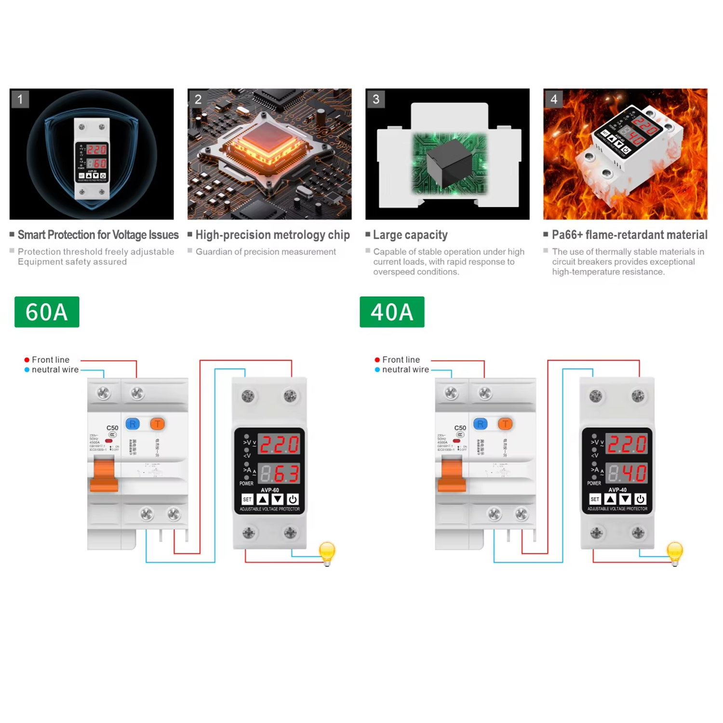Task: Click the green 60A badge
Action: [47, 312]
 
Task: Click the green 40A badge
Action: [392, 312]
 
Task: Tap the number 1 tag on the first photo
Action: [20, 99]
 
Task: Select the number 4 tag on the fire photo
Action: [554, 99]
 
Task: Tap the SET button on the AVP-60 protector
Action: [247, 499]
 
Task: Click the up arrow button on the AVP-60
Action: [263, 499]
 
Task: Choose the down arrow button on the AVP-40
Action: [625, 499]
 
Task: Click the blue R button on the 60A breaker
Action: [133, 424]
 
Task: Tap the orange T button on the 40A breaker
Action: [505, 424]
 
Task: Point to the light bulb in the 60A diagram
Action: [327, 552]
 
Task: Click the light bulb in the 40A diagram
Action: [675, 552]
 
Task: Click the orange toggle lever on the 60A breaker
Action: [104, 475]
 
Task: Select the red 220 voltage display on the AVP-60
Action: [280, 444]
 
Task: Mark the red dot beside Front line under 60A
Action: [27, 360]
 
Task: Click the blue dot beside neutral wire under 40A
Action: [377, 370]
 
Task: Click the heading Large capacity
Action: [410, 235]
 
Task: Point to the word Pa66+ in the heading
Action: [567, 235]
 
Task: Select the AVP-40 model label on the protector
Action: [617, 490]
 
